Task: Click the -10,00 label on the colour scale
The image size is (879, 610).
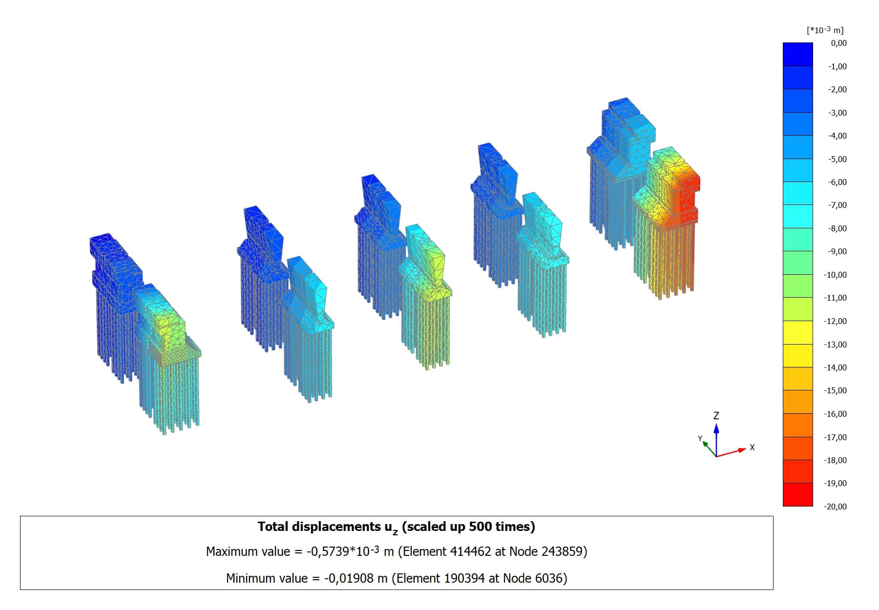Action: (835, 275)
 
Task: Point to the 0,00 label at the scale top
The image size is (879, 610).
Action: (838, 43)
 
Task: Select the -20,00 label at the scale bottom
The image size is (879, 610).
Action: (835, 507)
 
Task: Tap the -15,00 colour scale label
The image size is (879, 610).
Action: (835, 390)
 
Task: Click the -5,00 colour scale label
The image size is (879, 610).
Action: (837, 159)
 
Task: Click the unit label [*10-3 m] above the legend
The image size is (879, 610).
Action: (825, 30)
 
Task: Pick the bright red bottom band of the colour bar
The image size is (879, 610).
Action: (797, 494)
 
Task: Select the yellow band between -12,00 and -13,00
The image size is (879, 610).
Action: (797, 332)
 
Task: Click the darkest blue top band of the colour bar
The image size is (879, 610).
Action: (797, 54)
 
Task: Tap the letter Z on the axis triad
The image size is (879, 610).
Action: (716, 416)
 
